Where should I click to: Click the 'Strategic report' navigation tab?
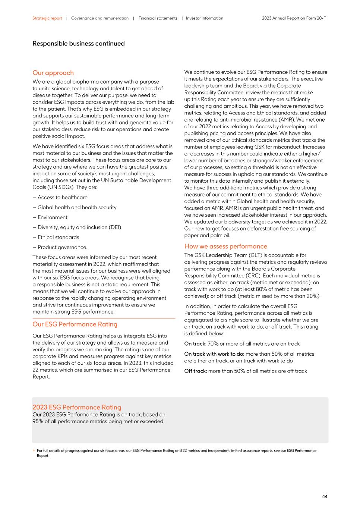47,18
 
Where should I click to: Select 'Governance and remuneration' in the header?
100,18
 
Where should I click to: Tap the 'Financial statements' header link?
158,18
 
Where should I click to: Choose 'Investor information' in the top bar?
204,18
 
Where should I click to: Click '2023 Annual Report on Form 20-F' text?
293,18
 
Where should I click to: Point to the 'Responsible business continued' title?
78,44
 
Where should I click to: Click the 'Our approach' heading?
53,73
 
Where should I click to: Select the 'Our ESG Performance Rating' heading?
75,324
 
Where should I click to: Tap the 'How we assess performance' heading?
225,246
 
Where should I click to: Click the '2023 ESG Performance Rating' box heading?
76,407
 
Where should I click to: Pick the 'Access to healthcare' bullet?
62,198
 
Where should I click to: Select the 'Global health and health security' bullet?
77,207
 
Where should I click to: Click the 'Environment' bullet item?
52,217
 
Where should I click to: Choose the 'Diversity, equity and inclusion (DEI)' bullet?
79,227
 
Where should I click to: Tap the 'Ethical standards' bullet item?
58,238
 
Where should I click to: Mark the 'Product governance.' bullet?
62,247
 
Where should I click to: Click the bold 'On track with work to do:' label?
214,354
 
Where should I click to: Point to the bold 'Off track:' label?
195,371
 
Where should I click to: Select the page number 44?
325,496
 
